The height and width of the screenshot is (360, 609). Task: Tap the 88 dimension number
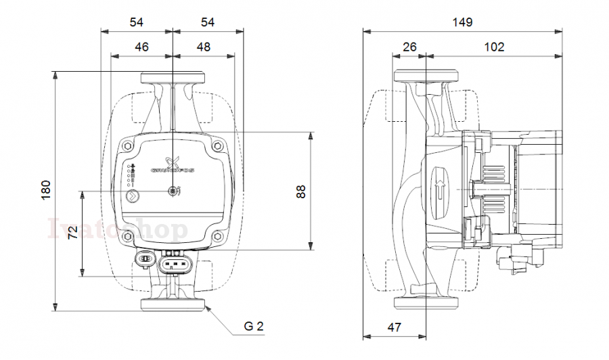click(302, 191)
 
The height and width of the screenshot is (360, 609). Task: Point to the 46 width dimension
click(141, 47)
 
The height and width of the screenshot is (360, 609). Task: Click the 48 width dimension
click(204, 47)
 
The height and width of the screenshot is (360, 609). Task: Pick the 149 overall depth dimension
click(462, 22)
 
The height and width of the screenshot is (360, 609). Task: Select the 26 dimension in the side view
click(409, 47)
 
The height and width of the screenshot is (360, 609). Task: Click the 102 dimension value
click(494, 47)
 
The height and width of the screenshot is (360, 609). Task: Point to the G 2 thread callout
click(254, 326)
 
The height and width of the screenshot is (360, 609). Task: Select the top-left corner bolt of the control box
click(129, 145)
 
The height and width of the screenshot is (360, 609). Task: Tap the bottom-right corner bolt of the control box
click(217, 237)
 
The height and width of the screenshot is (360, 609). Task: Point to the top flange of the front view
click(173, 78)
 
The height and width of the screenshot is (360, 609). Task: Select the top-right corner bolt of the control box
click(217, 145)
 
